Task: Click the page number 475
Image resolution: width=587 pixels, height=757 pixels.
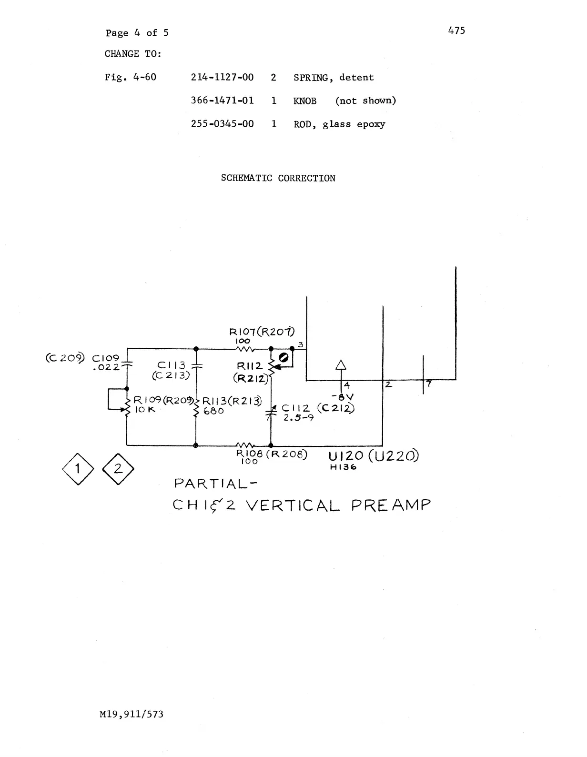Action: point(456,30)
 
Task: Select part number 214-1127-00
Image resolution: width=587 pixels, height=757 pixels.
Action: point(222,77)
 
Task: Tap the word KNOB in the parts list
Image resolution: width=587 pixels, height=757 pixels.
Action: point(305,101)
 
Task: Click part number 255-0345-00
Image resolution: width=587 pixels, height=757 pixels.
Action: point(222,124)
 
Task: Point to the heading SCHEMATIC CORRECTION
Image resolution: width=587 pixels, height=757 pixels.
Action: point(278,178)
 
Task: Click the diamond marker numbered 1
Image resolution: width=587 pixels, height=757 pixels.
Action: point(76,469)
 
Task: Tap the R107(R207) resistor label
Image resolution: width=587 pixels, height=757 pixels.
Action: point(262,332)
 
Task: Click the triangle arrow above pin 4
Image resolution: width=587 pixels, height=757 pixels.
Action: point(341,365)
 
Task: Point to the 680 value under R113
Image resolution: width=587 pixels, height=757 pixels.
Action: point(213,411)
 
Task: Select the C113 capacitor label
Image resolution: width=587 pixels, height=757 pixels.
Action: point(172,365)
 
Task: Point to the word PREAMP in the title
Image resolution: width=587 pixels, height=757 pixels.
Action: point(391,505)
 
